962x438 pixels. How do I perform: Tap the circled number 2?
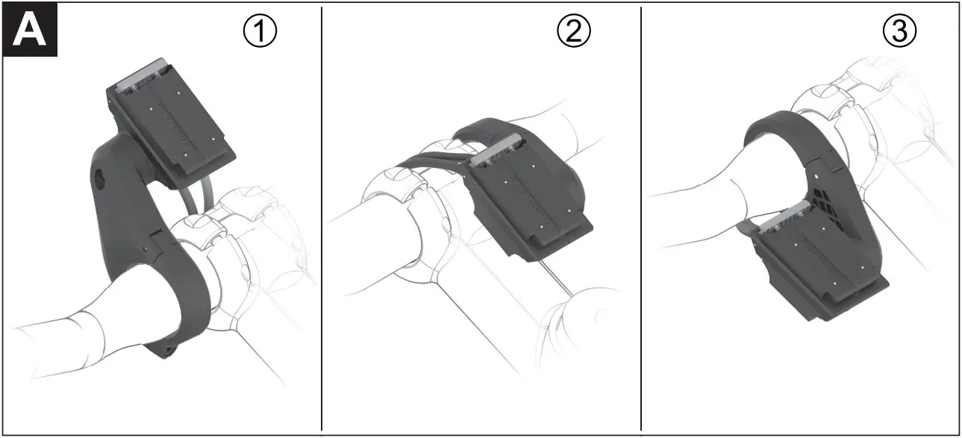point(574,31)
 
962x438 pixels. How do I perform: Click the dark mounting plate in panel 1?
point(175,123)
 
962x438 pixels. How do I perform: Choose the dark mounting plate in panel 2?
point(534,205)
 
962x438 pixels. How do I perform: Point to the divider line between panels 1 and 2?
point(322,224)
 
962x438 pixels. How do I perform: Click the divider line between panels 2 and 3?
point(641,224)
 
